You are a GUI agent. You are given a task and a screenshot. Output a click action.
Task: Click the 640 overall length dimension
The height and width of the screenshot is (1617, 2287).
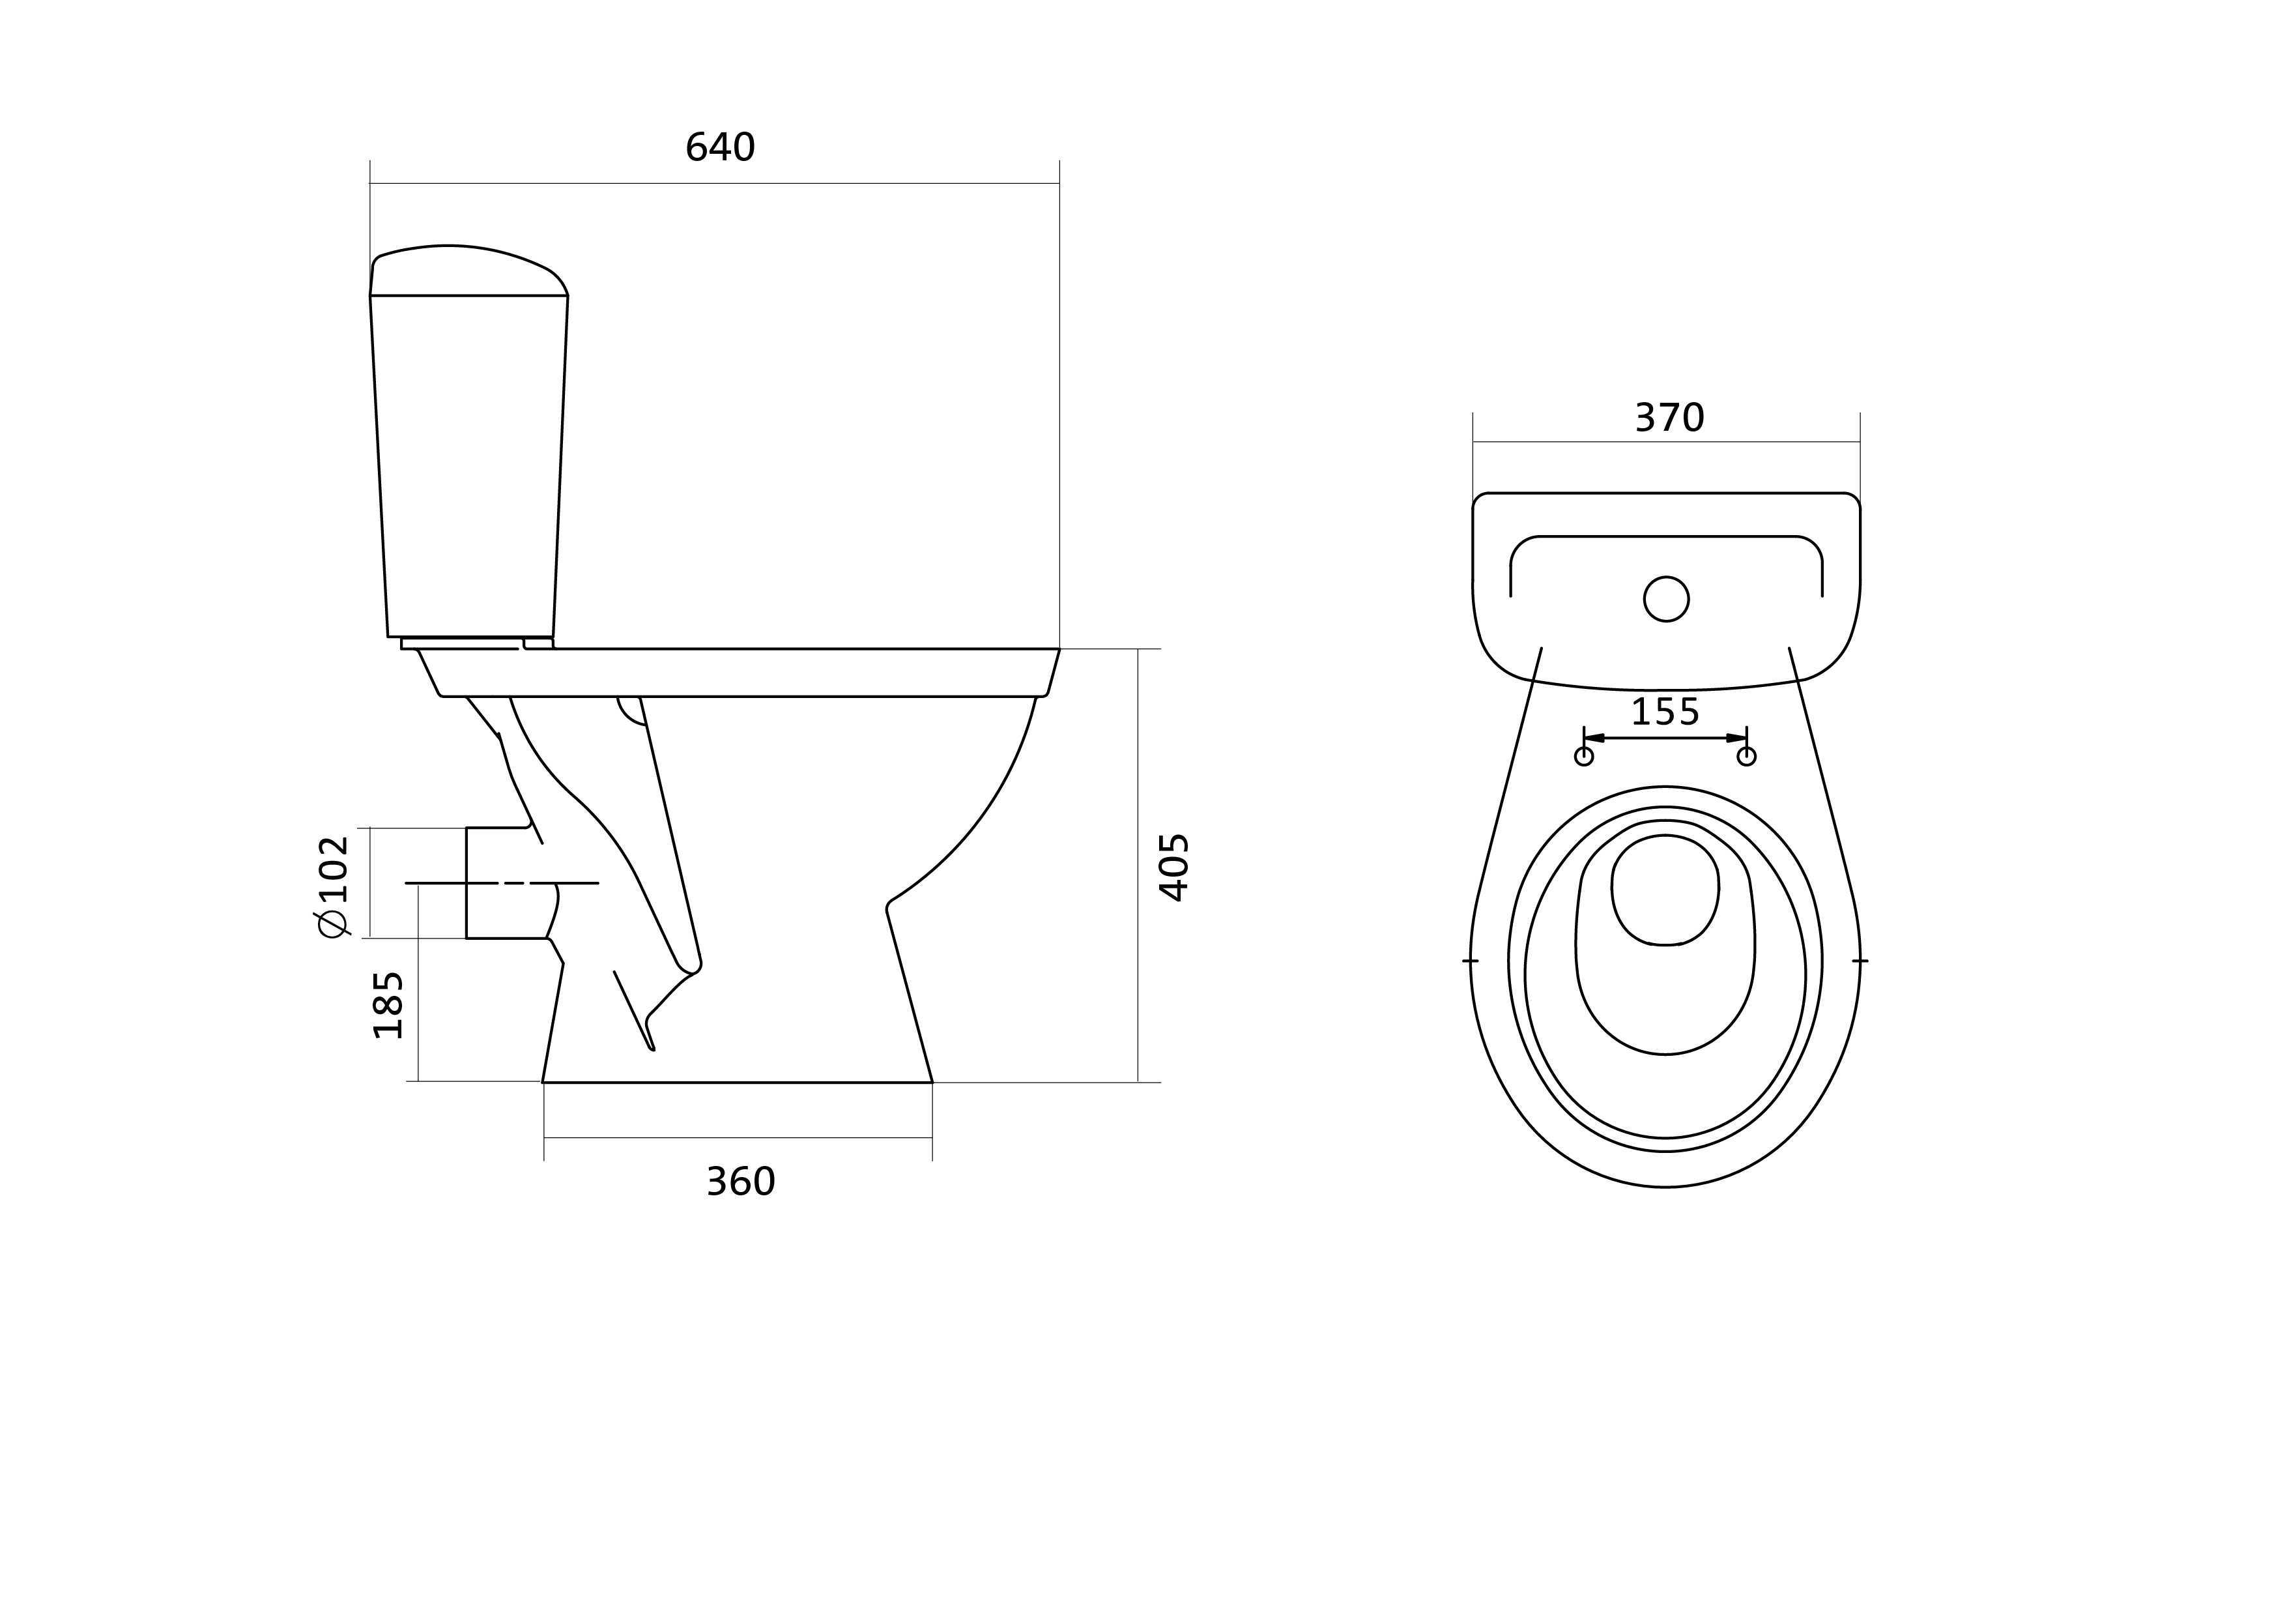pos(720,147)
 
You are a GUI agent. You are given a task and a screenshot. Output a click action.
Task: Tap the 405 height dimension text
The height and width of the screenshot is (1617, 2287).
pos(1175,867)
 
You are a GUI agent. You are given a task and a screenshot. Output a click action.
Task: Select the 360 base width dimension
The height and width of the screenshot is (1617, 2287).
pos(740,1182)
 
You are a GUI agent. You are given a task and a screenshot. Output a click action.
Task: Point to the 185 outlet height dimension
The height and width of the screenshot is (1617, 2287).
pos(388,1004)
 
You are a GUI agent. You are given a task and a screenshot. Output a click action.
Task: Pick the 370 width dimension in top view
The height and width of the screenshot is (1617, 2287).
pos(1669,418)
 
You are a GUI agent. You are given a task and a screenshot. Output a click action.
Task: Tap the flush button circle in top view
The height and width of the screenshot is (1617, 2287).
pos(1665,599)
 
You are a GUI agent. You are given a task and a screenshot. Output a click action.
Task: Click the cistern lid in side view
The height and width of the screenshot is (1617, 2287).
pos(468,271)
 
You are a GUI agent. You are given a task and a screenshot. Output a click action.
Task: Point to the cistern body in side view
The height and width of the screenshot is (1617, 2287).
pos(469,466)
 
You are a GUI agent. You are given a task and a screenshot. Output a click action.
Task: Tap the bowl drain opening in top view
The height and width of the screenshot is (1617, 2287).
pos(1665,890)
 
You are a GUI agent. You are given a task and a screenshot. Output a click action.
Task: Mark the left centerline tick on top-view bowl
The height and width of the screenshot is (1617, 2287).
pos(1470,961)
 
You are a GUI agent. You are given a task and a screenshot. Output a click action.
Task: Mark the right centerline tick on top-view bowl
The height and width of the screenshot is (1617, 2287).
pos(1860,961)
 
